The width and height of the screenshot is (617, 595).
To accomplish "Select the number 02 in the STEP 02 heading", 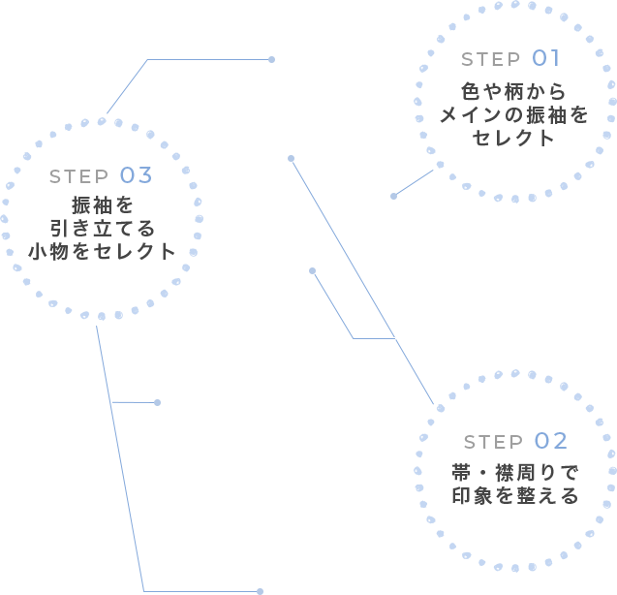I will (x=550, y=441).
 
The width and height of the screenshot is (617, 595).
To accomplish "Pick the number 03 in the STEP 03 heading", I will (x=137, y=175).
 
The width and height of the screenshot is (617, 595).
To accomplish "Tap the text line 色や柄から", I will (x=513, y=93).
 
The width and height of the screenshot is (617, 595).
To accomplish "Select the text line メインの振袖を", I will (x=513, y=115).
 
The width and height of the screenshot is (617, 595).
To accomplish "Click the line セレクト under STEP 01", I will (x=513, y=138).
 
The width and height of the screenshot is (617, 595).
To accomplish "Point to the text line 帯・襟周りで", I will (x=514, y=473).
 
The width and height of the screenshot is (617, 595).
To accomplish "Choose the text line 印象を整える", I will (x=514, y=495).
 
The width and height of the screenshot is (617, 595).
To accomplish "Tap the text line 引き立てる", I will (x=102, y=229).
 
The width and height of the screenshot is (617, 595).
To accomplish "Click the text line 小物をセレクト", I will (x=102, y=251).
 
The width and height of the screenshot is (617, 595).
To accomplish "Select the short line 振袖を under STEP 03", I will (x=102, y=205).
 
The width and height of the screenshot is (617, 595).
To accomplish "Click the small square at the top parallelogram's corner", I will (x=272, y=59).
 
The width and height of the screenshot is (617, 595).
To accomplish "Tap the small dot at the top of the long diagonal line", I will (x=291, y=158).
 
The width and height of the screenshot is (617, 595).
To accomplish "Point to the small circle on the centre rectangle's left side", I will (x=312, y=270).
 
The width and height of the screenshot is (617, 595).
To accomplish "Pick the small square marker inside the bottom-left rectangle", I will (x=158, y=401).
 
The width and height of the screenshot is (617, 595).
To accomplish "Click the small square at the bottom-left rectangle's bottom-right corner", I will (x=260, y=590).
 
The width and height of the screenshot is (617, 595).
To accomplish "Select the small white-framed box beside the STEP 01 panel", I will (x=412, y=181).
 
